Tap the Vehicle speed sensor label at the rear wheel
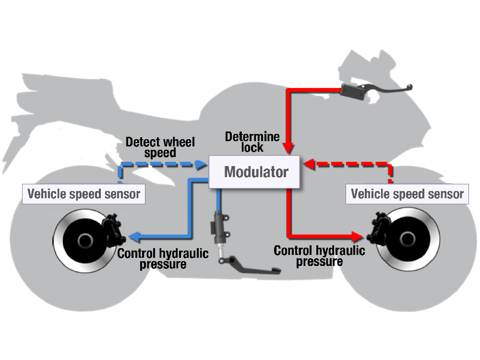84,194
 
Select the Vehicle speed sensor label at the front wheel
408,194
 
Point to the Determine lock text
252,142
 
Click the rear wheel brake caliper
114,229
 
